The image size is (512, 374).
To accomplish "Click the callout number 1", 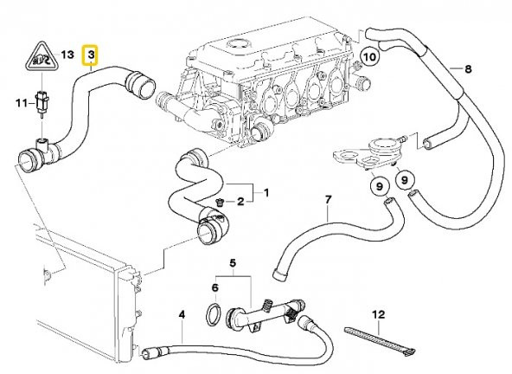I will click(x=266, y=192).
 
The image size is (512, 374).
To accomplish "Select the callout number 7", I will click(x=328, y=200).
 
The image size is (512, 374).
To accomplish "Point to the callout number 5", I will click(x=232, y=263).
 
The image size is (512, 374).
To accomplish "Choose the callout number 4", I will click(x=181, y=313).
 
